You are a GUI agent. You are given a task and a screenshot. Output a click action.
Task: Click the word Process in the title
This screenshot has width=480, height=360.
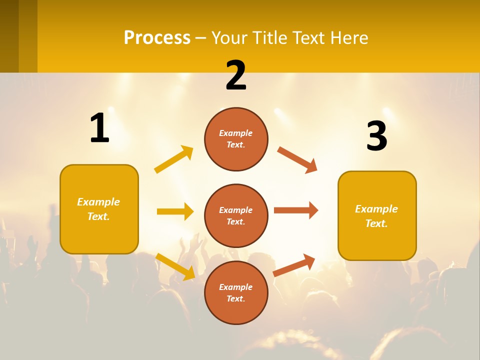coord(157,38)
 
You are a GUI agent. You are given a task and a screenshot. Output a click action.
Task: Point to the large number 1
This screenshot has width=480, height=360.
coord(99,128)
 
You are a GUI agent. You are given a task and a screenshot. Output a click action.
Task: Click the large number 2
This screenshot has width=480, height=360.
coord(236,76)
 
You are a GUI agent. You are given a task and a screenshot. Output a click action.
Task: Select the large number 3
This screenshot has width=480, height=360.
coord(376,136)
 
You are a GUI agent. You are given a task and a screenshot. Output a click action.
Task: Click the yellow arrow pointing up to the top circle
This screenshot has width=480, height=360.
coord(173,159)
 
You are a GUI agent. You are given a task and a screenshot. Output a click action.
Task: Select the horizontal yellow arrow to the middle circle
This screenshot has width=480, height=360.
coord(175,211)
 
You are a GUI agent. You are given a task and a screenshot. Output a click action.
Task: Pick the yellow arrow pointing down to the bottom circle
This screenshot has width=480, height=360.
coord(175,266)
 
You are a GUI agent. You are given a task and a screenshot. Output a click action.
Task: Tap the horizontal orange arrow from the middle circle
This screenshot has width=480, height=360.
coord(295,210)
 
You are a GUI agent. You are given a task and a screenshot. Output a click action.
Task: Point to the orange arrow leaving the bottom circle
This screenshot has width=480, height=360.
coord(294,265)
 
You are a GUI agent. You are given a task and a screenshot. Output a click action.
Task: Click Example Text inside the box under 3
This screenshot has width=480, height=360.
coord(376,216)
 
